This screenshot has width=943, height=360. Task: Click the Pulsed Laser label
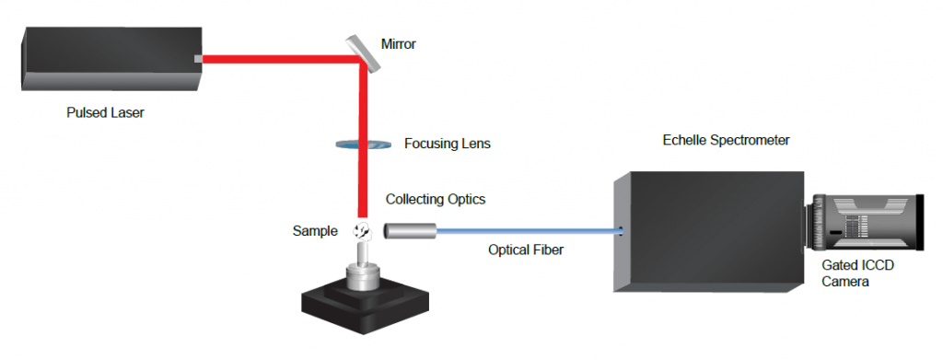[105, 112]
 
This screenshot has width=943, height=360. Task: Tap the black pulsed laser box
[111, 58]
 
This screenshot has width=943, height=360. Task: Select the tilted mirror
[362, 52]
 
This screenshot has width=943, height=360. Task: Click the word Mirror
[398, 44]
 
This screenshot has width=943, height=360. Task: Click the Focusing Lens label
[447, 145]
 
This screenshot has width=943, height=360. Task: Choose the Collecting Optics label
[436, 199]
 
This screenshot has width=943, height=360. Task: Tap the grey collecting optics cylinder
[410, 230]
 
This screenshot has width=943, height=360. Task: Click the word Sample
[315, 231]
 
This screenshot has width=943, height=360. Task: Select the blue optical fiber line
[528, 230]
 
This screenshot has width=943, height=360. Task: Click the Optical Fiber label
[526, 250]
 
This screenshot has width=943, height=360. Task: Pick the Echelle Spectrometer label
[726, 140]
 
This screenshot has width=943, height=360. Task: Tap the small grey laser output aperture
[198, 59]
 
